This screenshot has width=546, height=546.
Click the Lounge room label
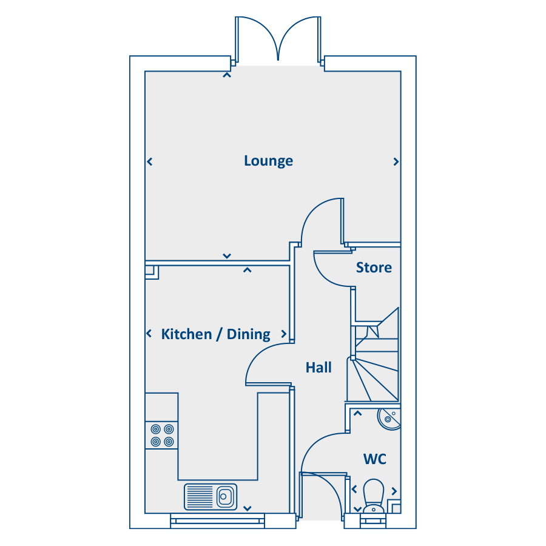268,161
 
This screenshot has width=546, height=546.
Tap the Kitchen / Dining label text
215,334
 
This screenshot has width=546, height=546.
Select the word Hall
318,368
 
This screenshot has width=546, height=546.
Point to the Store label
374,268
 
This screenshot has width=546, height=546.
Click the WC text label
375,459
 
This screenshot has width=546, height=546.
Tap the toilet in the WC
373,496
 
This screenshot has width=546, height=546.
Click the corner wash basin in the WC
389,419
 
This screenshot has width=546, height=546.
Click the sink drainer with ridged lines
200,497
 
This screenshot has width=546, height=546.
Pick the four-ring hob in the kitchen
162,435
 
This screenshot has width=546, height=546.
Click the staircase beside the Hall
374,355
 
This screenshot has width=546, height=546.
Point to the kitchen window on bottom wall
218,521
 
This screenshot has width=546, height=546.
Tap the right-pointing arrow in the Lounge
396,161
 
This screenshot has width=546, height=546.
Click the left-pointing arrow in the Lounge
150,161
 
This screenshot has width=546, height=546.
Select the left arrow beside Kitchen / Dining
149,334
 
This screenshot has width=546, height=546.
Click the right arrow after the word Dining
284,334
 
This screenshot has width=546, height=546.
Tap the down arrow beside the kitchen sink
248,508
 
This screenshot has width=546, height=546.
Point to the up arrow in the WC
357,413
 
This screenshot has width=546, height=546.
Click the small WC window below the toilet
373,521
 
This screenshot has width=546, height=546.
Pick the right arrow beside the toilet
394,491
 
